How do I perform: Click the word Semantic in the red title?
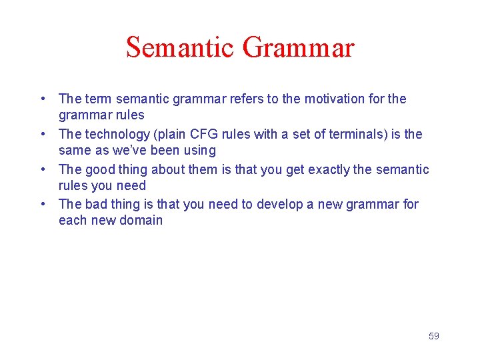point(180,48)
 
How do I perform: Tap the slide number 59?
point(433,336)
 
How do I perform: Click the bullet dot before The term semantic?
point(43,99)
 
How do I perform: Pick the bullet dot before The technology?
point(43,135)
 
